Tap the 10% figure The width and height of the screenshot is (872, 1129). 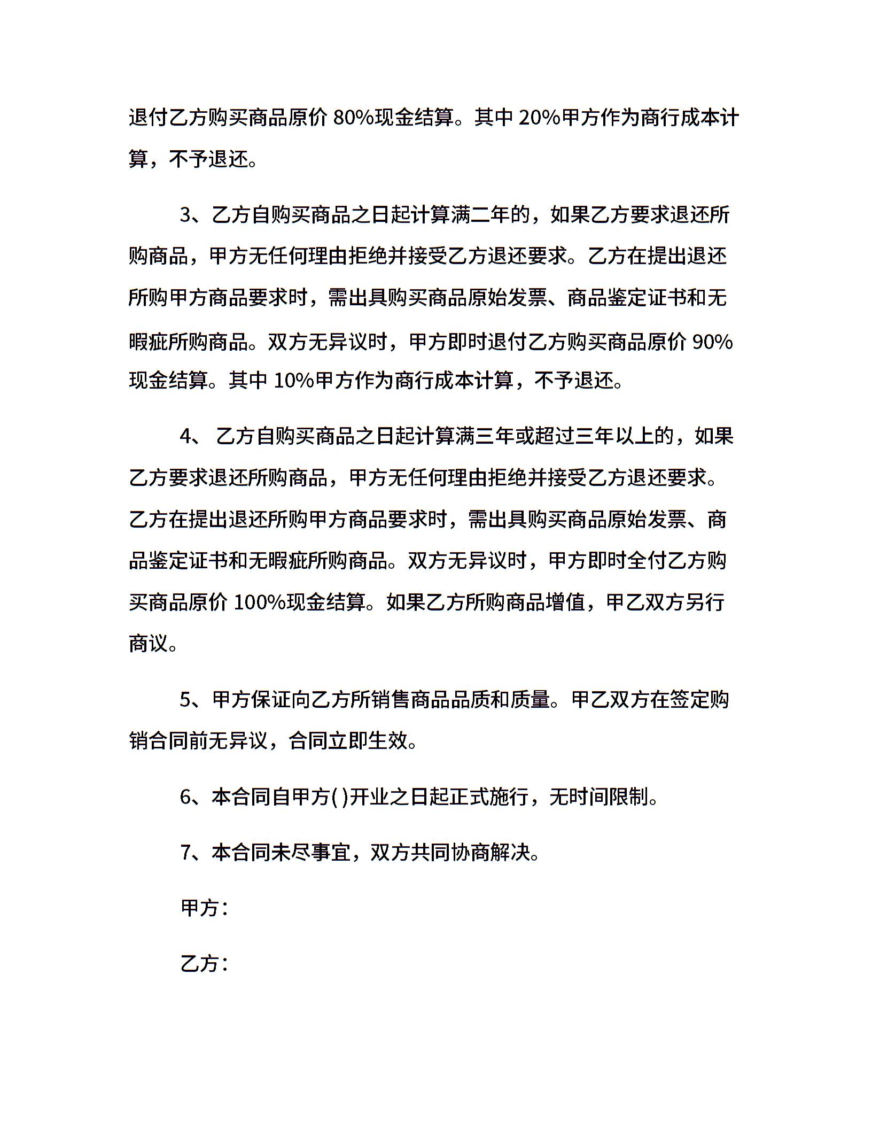294,380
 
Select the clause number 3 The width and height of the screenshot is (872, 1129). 185,215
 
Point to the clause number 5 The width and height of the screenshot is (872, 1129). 185,699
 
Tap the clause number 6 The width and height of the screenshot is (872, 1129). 185,797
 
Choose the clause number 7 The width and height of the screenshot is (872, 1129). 185,852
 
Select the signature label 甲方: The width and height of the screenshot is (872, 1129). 205,908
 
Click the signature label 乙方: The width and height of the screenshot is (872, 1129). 205,963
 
